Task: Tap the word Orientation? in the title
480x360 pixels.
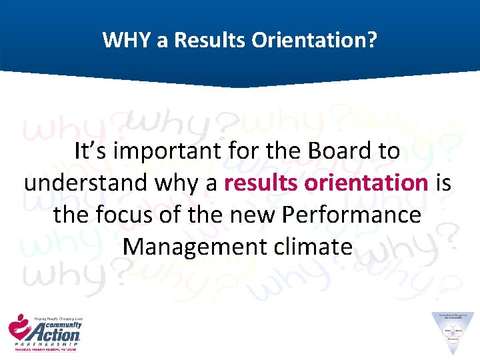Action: (314, 41)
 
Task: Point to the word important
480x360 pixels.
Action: (159, 152)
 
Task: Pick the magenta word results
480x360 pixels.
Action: (257, 183)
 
